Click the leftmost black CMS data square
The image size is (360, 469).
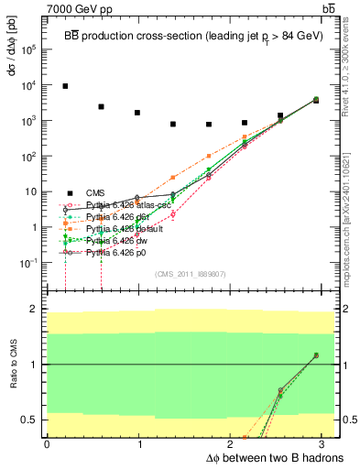click(65, 86)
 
